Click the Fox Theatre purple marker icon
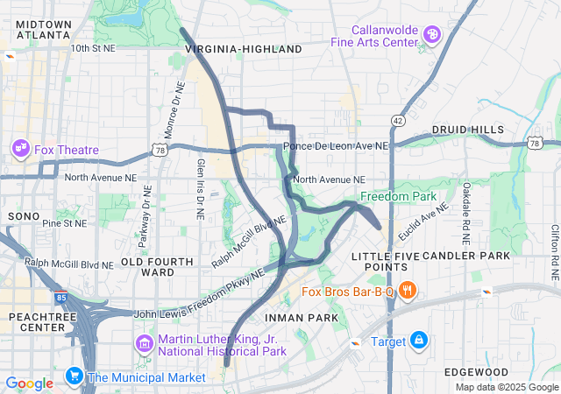click(20, 149)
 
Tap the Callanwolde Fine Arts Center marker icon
click(431, 35)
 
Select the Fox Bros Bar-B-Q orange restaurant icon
click(407, 291)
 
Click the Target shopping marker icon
click(419, 340)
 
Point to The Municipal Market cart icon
click(74, 377)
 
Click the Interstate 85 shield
click(60, 298)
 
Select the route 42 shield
click(398, 120)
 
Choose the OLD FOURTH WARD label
click(157, 267)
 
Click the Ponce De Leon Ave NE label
click(335, 147)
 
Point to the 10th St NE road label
click(93, 49)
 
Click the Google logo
click(29, 383)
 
